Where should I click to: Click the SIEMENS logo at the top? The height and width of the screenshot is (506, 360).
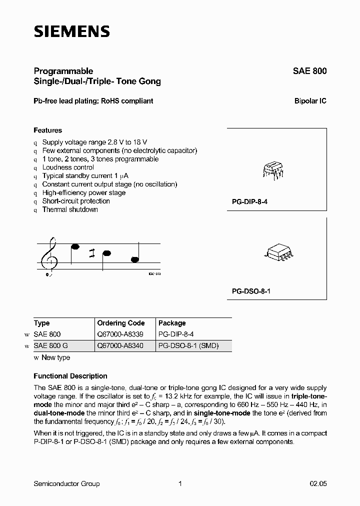point(71,32)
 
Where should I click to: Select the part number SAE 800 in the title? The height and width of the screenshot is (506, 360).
point(309,71)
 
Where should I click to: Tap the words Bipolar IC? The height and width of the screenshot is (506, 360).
point(310,101)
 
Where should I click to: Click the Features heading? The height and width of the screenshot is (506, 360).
point(47,130)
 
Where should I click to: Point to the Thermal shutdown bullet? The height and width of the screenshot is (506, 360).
point(70,209)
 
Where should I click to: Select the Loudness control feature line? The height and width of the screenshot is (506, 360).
point(68,167)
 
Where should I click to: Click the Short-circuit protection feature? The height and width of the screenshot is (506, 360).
point(76,201)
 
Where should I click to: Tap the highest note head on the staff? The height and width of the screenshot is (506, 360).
point(75,246)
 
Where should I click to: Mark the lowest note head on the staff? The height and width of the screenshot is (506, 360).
point(135,259)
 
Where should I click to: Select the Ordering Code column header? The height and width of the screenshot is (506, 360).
point(120,323)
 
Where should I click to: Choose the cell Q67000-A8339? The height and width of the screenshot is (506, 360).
point(120,334)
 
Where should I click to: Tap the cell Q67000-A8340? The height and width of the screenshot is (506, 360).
point(120,345)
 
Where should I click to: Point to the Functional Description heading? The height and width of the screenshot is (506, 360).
point(70,376)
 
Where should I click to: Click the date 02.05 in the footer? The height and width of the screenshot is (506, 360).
point(317,483)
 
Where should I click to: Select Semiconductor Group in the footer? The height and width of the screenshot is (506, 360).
point(66,483)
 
